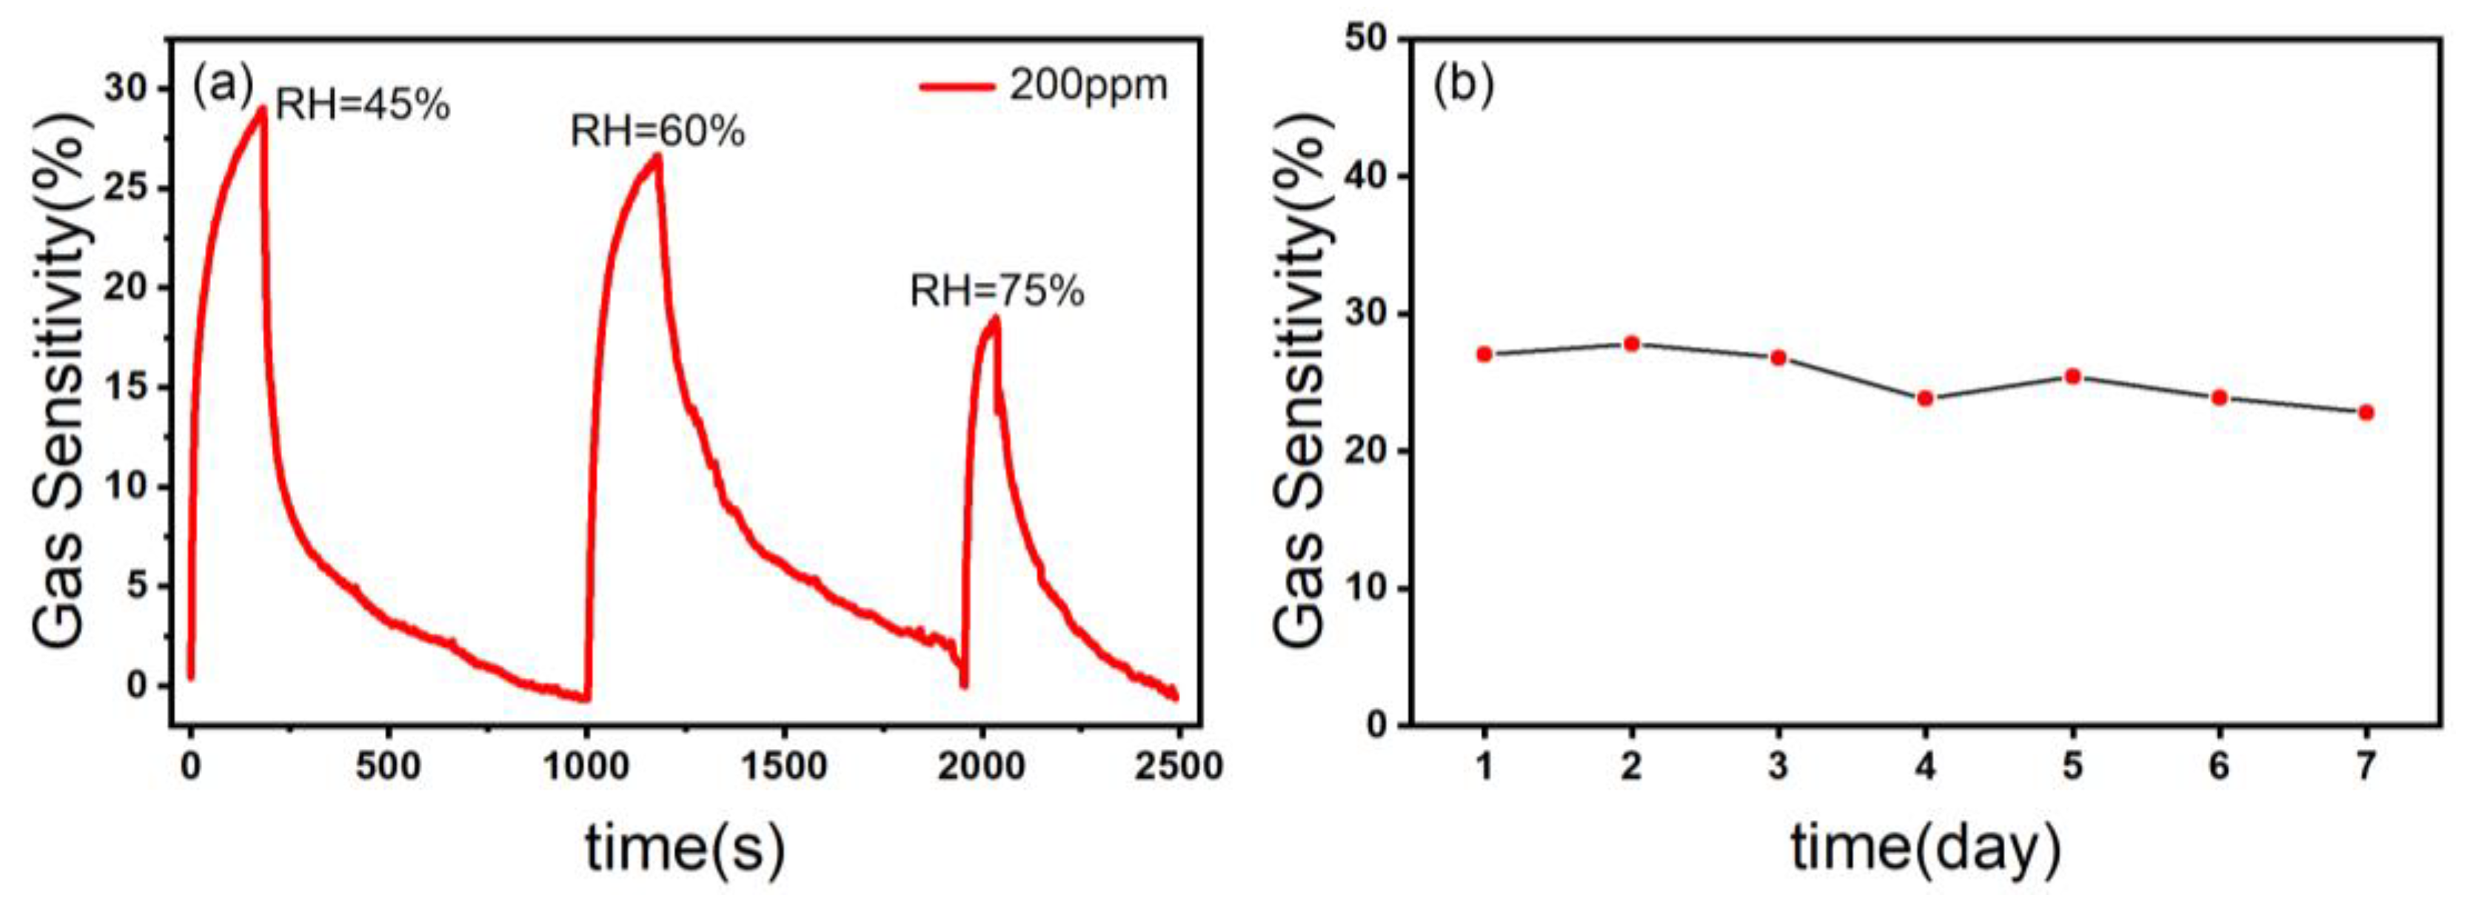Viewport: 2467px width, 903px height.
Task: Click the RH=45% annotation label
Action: point(362,105)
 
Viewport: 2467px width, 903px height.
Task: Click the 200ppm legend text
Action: point(1088,86)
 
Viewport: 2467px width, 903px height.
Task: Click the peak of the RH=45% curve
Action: point(261,108)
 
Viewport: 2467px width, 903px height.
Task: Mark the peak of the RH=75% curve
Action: point(995,319)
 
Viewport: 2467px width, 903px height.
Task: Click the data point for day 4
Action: point(1925,397)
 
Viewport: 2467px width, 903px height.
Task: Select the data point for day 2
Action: point(1631,343)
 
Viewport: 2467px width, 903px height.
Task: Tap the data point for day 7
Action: point(2366,413)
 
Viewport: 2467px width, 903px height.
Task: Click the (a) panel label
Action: point(223,85)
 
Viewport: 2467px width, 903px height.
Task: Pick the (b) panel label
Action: point(1462,85)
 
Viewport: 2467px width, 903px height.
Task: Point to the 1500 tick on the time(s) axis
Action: point(783,766)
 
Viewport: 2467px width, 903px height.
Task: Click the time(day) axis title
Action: point(1925,847)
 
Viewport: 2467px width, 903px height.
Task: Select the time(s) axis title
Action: point(685,847)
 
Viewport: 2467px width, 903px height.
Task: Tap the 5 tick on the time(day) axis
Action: point(2072,766)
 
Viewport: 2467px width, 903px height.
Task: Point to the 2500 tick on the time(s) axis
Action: point(1178,766)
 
